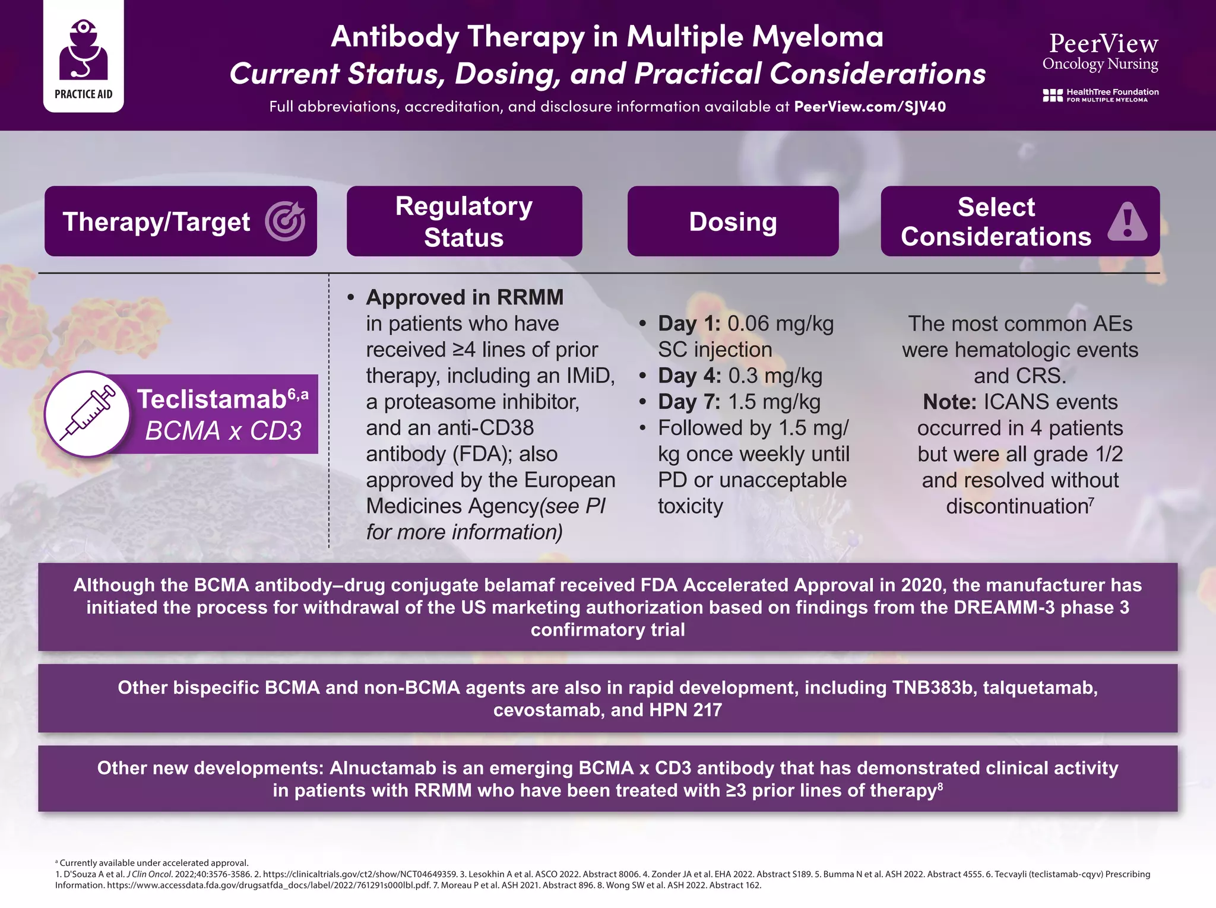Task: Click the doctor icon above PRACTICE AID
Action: click(83, 50)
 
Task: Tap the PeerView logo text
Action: click(1103, 44)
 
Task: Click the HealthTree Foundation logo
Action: click(1100, 95)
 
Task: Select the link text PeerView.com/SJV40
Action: click(870, 107)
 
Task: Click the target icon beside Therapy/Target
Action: click(286, 221)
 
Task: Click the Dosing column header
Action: click(733, 222)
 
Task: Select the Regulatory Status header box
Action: click(464, 221)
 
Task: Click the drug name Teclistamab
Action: click(212, 399)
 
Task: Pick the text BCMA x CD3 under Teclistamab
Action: click(223, 431)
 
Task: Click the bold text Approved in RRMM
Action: click(464, 297)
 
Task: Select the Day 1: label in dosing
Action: click(689, 324)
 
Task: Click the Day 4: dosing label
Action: click(689, 376)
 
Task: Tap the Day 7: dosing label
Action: click(689, 402)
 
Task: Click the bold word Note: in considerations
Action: click(949, 402)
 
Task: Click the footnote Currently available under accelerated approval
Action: click(154, 863)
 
